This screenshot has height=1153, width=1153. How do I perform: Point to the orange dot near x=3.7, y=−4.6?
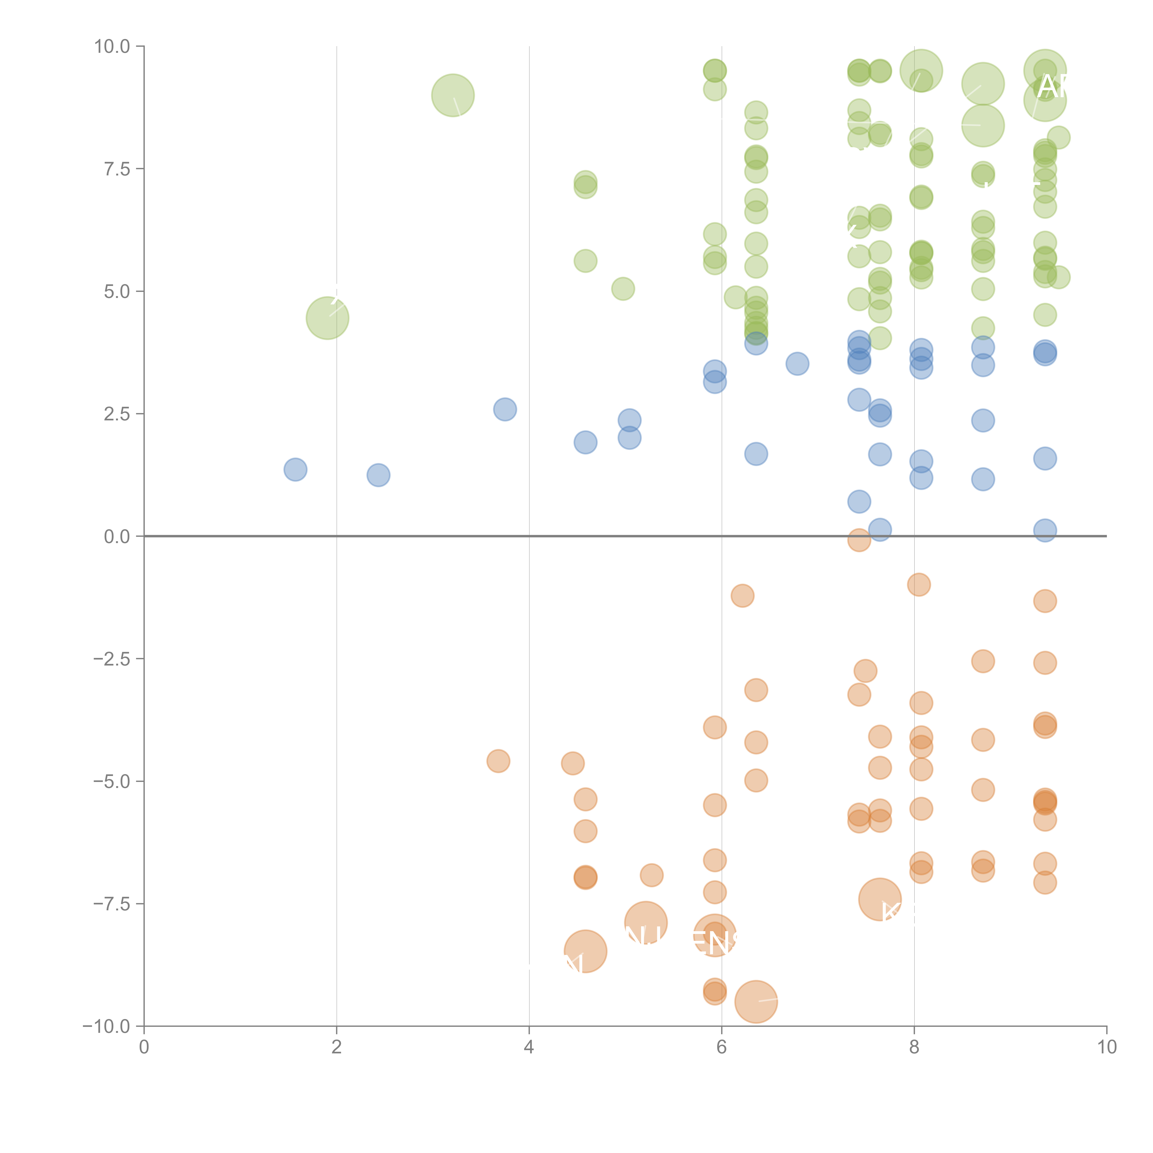tap(498, 761)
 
